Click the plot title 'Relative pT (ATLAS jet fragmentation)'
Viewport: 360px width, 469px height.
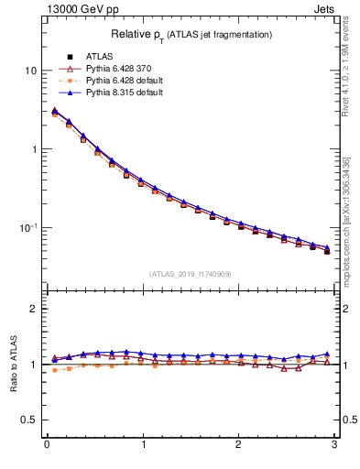pyautogui.click(x=191, y=34)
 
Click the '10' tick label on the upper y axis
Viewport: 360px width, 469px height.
pyautogui.click(x=30, y=71)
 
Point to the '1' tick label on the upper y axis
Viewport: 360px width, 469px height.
pyautogui.click(x=34, y=149)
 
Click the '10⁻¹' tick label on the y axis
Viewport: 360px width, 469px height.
pyautogui.click(x=28, y=227)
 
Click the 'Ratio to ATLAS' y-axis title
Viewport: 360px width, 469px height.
pyautogui.click(x=14, y=364)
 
